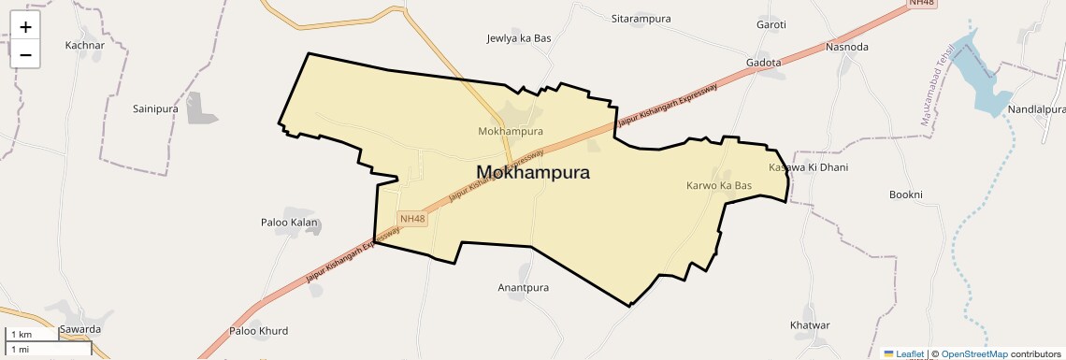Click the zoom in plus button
click(25, 27)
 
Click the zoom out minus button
click(25, 55)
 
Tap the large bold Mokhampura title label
click(532, 172)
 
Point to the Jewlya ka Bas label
click(519, 38)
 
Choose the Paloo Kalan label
click(289, 223)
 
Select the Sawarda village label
click(79, 330)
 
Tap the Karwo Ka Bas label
click(719, 186)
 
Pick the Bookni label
click(906, 194)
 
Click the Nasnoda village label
click(847, 47)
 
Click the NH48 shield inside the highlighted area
click(412, 219)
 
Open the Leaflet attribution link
click(910, 354)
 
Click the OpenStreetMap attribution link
click(973, 354)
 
